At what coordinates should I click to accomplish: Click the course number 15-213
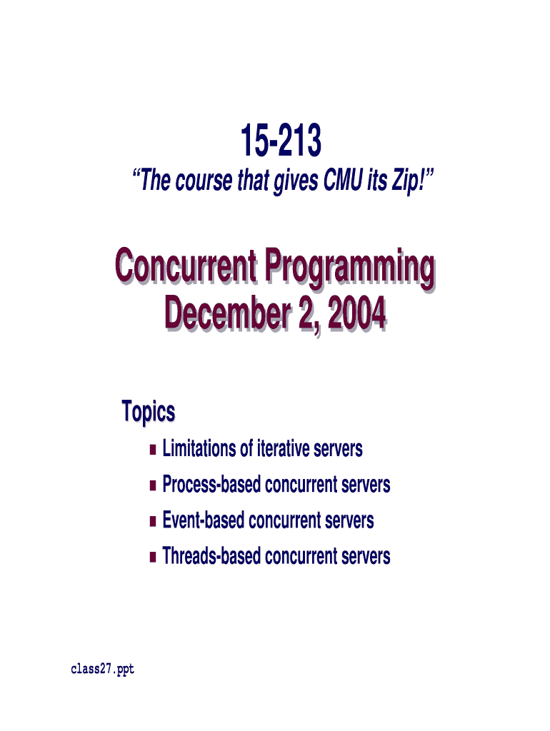(x=281, y=141)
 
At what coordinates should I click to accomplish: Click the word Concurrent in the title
(x=186, y=266)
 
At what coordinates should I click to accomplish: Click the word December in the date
(x=228, y=313)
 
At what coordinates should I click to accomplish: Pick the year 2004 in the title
(x=357, y=313)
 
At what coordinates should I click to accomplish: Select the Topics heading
(x=149, y=412)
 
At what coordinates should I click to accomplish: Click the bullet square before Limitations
(x=153, y=450)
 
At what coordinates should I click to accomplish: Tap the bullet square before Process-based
(x=153, y=485)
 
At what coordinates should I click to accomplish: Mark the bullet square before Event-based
(x=153, y=521)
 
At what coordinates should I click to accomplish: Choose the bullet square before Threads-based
(x=153, y=557)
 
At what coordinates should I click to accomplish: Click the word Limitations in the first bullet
(x=199, y=448)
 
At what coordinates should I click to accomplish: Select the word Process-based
(x=211, y=484)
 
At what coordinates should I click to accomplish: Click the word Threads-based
(x=211, y=555)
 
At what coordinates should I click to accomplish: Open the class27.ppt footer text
(x=103, y=670)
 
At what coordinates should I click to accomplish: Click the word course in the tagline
(x=204, y=181)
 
